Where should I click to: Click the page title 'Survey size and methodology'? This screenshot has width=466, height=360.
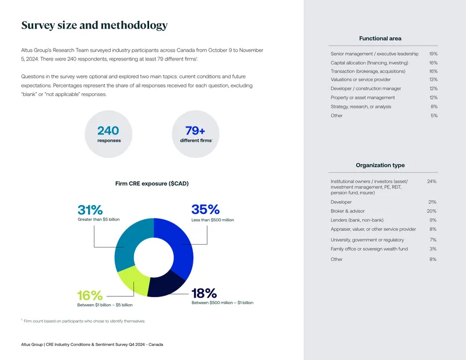(x=94, y=26)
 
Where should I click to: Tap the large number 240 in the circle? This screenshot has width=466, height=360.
(x=108, y=130)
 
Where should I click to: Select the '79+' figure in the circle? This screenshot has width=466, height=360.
(x=195, y=130)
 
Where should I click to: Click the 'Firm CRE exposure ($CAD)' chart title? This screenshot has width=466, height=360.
(x=152, y=183)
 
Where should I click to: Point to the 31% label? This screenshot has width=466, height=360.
(x=90, y=210)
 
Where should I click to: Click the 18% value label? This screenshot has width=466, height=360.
(x=204, y=294)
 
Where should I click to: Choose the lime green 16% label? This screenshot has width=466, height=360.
(x=90, y=295)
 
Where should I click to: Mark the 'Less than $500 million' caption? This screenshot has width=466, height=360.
(x=213, y=220)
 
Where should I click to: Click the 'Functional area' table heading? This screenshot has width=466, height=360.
(x=380, y=38)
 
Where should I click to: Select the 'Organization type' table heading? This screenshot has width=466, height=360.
(x=380, y=165)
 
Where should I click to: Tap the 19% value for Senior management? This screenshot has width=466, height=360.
(x=433, y=54)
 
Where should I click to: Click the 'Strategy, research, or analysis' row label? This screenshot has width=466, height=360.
(x=361, y=107)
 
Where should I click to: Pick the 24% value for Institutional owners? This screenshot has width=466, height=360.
(x=432, y=181)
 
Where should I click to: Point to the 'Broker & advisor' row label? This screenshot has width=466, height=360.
(x=347, y=211)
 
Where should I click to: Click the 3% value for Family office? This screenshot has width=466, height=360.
(x=433, y=249)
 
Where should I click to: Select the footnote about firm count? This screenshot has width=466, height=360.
(x=83, y=321)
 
